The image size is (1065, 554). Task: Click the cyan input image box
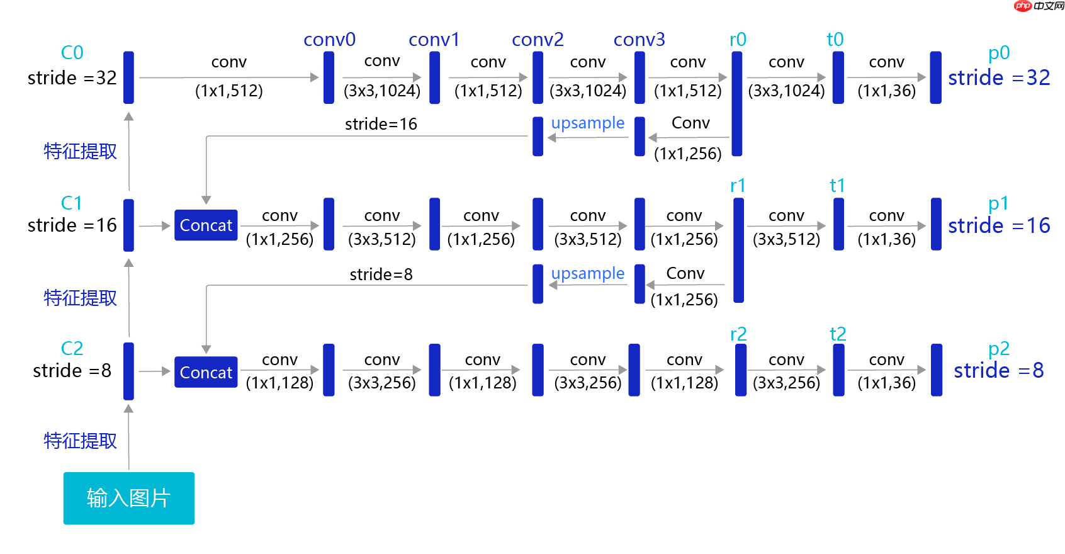[x=128, y=498]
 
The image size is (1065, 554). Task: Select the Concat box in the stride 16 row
[x=206, y=225]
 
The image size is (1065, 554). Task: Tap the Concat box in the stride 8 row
[x=206, y=372]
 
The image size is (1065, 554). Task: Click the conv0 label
[x=329, y=40]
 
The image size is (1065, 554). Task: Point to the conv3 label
[x=639, y=40]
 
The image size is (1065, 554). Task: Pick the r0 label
[x=738, y=40]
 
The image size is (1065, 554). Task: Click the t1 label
[x=837, y=186]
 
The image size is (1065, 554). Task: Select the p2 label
[x=998, y=348]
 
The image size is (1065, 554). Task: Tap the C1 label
[x=72, y=203]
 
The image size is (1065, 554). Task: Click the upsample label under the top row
[x=588, y=123]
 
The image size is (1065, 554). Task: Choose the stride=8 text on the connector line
[x=381, y=274]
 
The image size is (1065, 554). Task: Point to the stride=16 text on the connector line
[x=381, y=124]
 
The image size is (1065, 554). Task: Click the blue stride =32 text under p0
[x=999, y=78]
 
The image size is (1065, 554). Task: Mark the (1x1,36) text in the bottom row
[x=886, y=383]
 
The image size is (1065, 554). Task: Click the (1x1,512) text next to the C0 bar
[x=228, y=91]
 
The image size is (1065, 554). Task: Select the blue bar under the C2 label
[x=128, y=371]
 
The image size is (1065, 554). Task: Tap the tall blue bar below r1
[x=738, y=250]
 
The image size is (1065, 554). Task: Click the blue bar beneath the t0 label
[x=838, y=77]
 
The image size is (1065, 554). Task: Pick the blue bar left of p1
[x=936, y=224]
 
